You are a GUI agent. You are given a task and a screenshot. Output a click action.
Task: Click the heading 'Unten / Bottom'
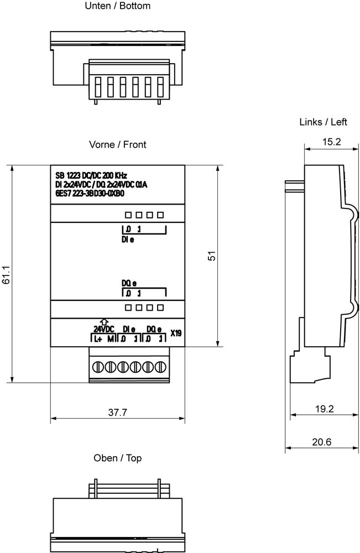coord(118,6)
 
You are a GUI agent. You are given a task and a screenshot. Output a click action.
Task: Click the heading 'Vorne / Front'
coord(118,144)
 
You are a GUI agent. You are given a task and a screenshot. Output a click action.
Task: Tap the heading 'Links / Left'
coord(323,122)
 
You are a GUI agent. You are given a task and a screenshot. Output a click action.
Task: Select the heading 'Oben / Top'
coord(118,458)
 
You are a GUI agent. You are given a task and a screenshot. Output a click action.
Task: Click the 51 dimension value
coord(211,256)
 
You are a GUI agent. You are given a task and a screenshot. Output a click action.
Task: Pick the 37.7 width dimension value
coord(117,413)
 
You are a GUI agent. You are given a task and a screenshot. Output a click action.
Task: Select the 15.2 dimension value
coord(331,142)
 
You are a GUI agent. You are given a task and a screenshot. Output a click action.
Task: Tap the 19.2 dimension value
coord(325,409)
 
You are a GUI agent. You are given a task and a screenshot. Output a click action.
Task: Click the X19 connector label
coord(176,333)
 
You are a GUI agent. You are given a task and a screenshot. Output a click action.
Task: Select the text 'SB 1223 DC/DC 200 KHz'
coord(91,176)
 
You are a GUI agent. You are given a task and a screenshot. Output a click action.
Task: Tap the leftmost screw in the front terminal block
coord(98,367)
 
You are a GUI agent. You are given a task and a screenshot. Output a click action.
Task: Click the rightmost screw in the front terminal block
coord(161,367)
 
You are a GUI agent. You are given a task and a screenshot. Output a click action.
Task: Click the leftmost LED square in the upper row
coord(127,215)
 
